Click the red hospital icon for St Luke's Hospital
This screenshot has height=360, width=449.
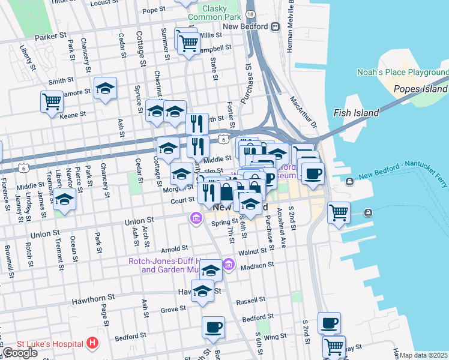tap(92, 343)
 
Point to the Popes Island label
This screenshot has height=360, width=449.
tap(420, 89)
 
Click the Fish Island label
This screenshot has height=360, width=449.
tap(356, 113)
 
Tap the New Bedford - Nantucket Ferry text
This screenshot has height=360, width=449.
tap(403, 171)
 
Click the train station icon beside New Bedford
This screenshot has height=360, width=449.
tap(276, 26)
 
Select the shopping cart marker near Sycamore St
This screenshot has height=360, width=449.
tap(52, 100)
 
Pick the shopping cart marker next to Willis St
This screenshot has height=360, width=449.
tap(188, 43)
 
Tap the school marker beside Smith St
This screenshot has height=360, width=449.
tap(105, 89)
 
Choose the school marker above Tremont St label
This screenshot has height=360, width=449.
tap(64, 200)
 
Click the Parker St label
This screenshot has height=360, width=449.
tap(50, 37)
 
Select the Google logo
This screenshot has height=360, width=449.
tap(20, 352)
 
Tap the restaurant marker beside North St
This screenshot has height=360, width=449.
tap(197, 124)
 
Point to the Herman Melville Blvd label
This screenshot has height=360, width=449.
tap(290, 27)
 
